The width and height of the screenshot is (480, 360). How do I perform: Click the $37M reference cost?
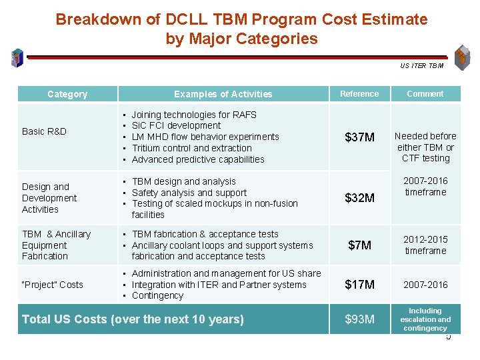pos(359,137)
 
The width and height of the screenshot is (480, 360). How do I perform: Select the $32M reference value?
pos(359,198)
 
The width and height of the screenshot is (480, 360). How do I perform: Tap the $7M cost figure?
pos(359,245)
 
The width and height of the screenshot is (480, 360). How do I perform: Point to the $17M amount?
pos(359,285)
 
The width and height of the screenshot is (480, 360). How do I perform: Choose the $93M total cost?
pos(359,319)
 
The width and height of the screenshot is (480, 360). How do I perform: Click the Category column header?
pos(67,94)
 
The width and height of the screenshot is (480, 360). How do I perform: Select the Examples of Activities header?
pos(223,94)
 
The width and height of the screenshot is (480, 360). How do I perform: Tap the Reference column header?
pos(359,94)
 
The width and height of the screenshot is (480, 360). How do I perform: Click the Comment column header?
pos(425,94)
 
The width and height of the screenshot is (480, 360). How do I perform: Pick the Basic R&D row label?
pos(44,131)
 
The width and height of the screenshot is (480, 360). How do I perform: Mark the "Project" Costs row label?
pos(53,285)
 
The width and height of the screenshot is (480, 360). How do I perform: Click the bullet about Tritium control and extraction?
pos(191,148)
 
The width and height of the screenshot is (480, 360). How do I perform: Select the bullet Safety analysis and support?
pos(189,193)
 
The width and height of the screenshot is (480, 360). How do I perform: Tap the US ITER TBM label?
pos(421,65)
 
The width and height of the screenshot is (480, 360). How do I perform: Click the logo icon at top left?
pos(17,59)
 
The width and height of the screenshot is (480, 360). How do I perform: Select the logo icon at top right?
pos(461,57)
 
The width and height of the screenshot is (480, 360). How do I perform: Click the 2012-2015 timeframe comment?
pos(425,245)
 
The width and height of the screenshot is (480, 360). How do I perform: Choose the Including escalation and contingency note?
pos(425,319)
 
